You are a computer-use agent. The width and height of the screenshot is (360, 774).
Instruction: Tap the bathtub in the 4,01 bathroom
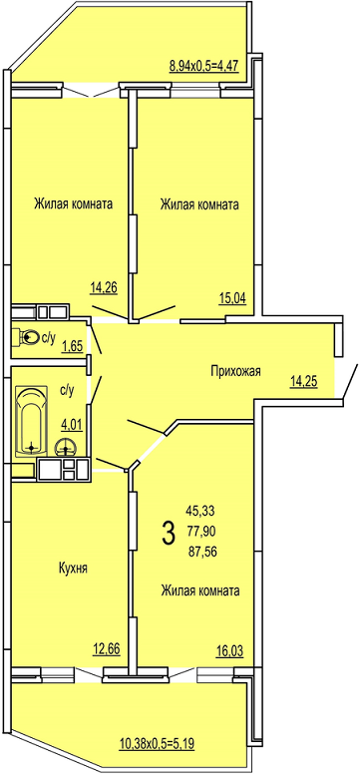pyautogui.click(x=32, y=422)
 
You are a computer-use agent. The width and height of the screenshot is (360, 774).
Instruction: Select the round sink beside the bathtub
pyautogui.click(x=64, y=447)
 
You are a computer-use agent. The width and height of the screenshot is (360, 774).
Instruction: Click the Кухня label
pyautogui.click(x=72, y=569)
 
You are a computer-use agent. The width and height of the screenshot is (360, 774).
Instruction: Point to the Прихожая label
pyautogui.click(x=235, y=371)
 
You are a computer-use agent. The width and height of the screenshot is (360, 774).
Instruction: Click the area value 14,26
pyautogui.click(x=104, y=287)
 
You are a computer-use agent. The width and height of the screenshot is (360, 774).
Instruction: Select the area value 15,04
pyautogui.click(x=233, y=297)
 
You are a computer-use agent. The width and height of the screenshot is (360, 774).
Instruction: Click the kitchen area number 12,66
pyautogui.click(x=107, y=647)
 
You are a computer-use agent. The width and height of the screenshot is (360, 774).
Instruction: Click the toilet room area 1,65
pyautogui.click(x=71, y=348)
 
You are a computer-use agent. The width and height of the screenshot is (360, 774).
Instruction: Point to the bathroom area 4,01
pyautogui.click(x=71, y=424)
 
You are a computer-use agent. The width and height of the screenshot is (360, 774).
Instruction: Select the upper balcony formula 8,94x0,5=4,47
pyautogui.click(x=204, y=65)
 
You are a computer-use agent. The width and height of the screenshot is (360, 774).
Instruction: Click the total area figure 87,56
pyautogui.click(x=202, y=553)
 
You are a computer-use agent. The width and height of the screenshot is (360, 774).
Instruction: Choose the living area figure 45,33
pyautogui.click(x=200, y=510)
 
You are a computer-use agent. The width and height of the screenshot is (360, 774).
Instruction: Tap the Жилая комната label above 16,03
pyautogui.click(x=200, y=590)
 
